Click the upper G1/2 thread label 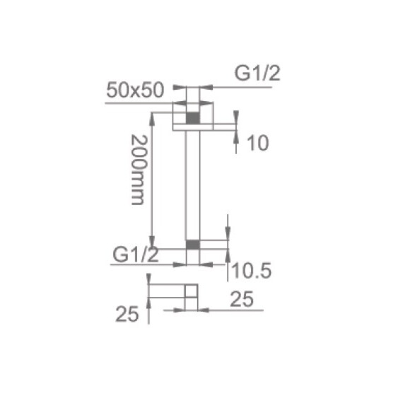point(257,74)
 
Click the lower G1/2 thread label point(136,255)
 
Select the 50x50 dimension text point(135,90)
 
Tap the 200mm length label point(139,170)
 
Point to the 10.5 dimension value point(252,271)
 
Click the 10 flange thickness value point(258,143)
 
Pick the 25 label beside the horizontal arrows point(242,299)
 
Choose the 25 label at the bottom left point(127,314)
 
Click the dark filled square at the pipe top point(193,118)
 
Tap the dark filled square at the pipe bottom point(193,245)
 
